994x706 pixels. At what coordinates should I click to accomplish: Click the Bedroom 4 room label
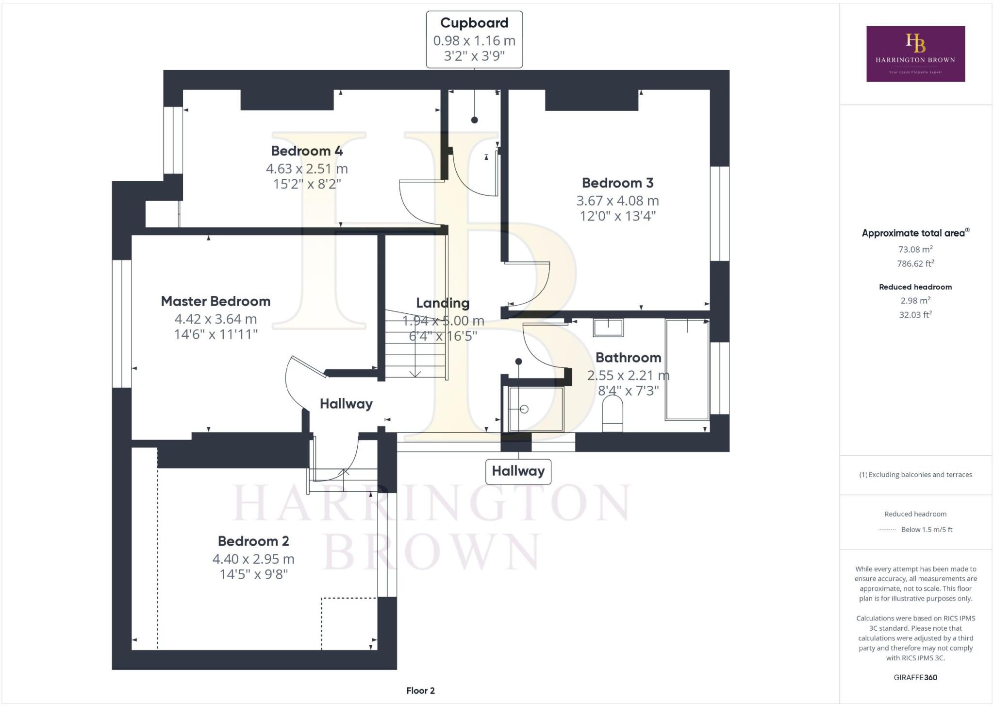pos(307,151)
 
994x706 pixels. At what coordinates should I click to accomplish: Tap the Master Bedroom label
pos(215,301)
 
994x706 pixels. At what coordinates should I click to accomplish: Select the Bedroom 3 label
pos(617,183)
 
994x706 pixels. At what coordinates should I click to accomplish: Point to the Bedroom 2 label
pos(253,541)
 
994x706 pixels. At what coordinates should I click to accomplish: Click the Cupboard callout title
pos(474,23)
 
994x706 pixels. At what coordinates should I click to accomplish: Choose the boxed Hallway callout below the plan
pos(518,471)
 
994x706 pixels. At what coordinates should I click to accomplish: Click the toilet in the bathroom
pos(612,413)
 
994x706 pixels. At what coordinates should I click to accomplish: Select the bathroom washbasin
pos(608,327)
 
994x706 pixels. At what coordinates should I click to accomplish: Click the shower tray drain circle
pos(524,409)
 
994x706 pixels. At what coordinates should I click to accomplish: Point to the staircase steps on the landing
pos(415,345)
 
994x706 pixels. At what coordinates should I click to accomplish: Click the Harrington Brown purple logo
pos(915,54)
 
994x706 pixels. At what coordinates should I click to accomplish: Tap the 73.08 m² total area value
pos(915,250)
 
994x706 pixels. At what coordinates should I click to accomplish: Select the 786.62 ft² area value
pos(915,264)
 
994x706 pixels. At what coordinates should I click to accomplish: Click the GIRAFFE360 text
pos(915,677)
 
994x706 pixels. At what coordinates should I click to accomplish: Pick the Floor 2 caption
pos(420,690)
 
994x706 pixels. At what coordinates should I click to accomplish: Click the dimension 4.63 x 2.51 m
pos(307,169)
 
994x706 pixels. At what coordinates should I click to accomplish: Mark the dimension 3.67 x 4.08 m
pos(617,201)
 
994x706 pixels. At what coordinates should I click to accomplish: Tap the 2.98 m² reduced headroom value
pos(915,301)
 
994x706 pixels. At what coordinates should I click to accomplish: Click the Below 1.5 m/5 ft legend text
pos(927,530)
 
